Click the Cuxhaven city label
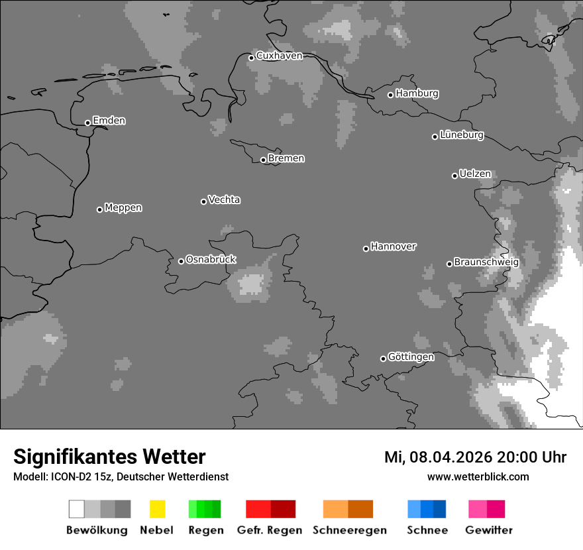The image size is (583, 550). [x=279, y=56]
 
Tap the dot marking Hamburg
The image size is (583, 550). [x=390, y=95]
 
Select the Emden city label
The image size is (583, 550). [x=109, y=121]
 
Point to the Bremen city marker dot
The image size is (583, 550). [x=263, y=160]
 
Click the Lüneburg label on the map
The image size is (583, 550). [x=462, y=135]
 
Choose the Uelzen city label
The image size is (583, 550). [x=475, y=174]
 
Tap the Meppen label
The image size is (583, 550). [x=123, y=208]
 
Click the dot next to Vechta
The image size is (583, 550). [x=203, y=201]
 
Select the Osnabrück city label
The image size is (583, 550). [x=211, y=260]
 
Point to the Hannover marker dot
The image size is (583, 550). [x=366, y=248]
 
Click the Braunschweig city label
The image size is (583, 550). [x=486, y=262]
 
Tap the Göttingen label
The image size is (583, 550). [x=411, y=357]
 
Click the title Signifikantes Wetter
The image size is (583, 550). [x=109, y=457]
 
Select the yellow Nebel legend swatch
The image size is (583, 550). [x=157, y=509]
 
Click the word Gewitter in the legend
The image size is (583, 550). [x=489, y=530]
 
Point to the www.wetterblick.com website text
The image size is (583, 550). [x=478, y=476]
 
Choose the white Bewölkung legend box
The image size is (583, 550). [x=77, y=509]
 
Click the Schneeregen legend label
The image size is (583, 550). [x=350, y=530]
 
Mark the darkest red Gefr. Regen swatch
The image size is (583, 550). [x=283, y=509]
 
